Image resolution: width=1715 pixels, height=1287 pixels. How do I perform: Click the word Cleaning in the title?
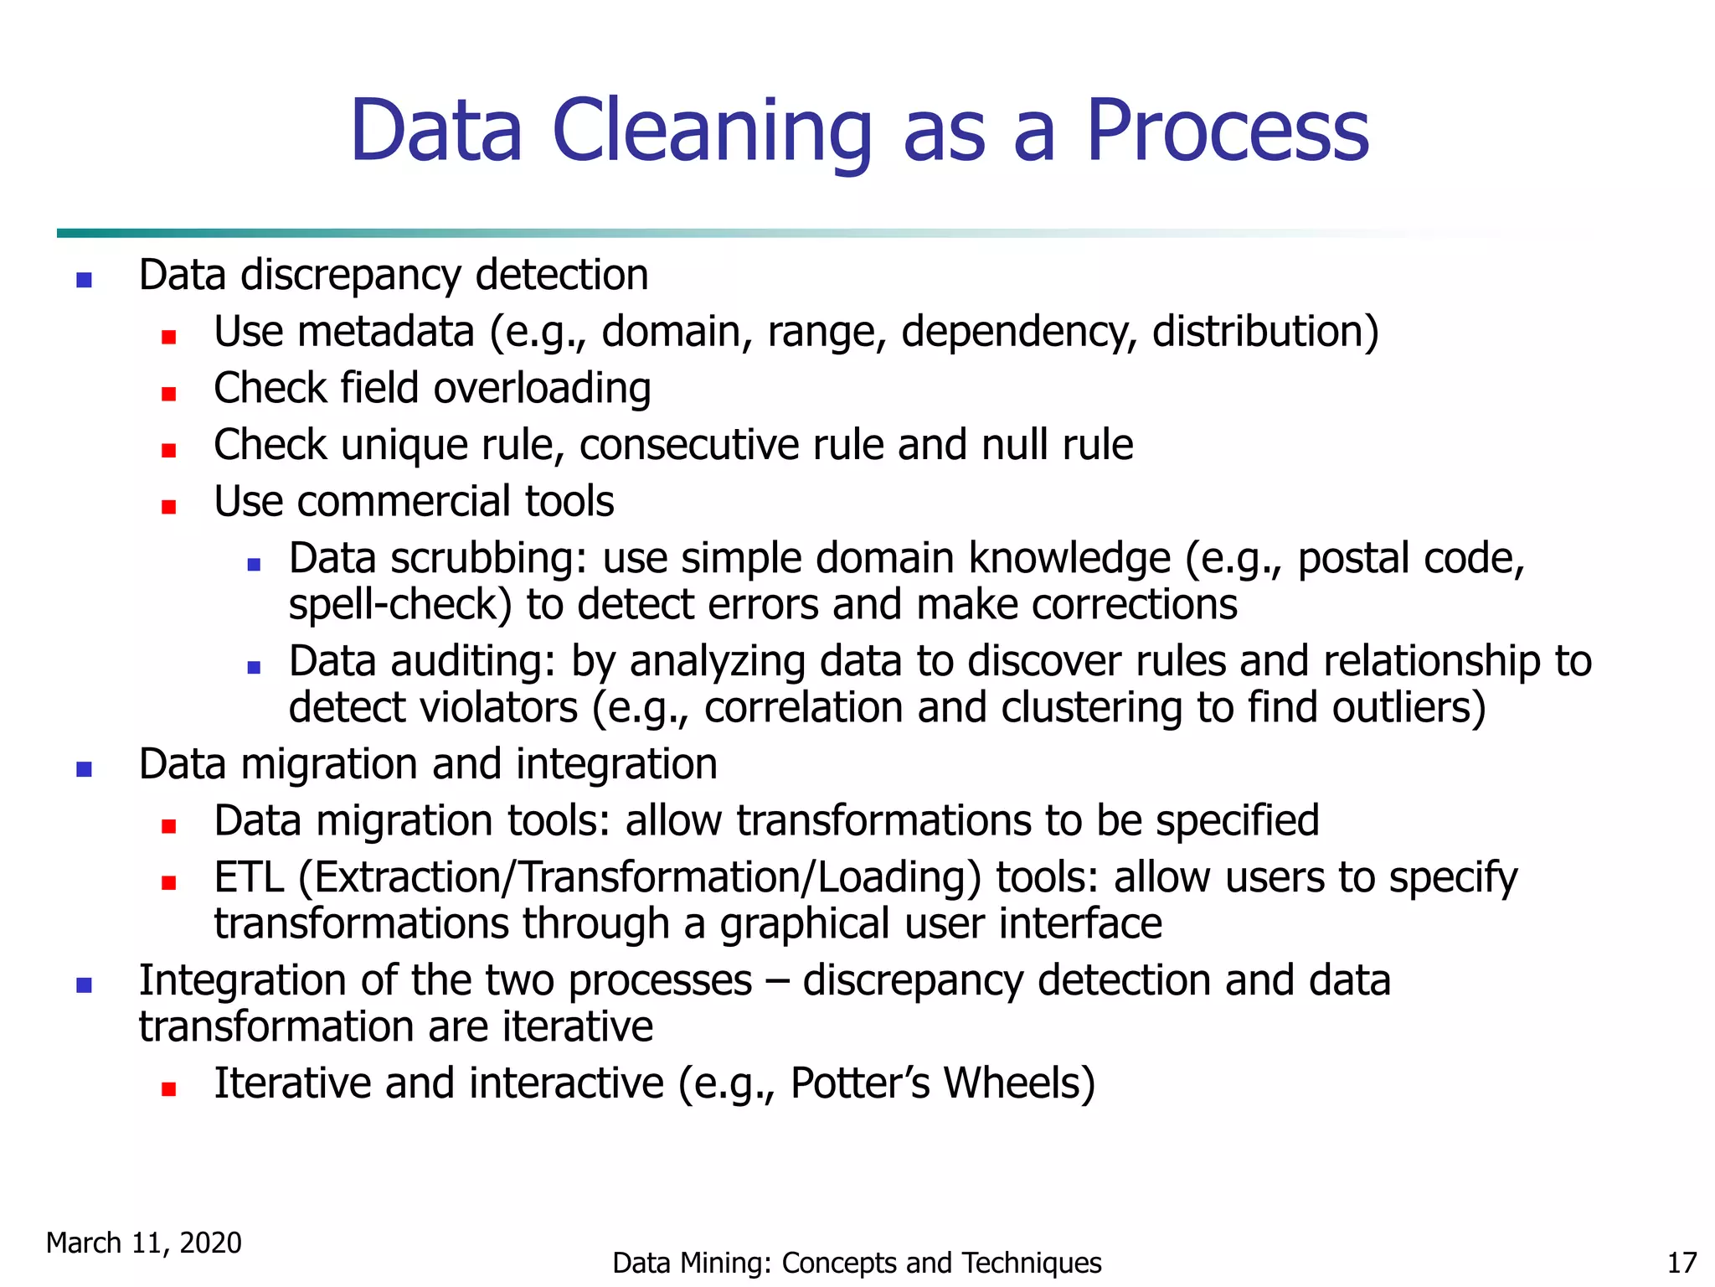pos(712,132)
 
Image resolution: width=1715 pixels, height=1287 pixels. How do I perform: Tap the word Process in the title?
pos(1227,132)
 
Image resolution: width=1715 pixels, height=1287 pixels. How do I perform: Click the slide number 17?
pos(1682,1263)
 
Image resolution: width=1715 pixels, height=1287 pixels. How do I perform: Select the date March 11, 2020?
pos(144,1243)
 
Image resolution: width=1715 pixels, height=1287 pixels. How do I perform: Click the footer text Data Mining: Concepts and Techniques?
pos(857,1263)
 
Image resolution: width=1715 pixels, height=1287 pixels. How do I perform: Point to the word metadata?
pos(386,332)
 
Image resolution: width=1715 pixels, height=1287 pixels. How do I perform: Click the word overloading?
pos(542,389)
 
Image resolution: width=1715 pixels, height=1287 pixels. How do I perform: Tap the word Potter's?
pos(860,1083)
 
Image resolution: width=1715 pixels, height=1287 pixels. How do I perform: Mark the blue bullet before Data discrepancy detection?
pos(84,280)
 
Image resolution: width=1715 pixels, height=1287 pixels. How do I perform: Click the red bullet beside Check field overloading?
pos(169,394)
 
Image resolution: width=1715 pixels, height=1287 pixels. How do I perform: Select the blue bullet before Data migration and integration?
pos(84,769)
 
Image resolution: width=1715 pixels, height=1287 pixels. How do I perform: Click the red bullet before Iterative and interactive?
pos(169,1089)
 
